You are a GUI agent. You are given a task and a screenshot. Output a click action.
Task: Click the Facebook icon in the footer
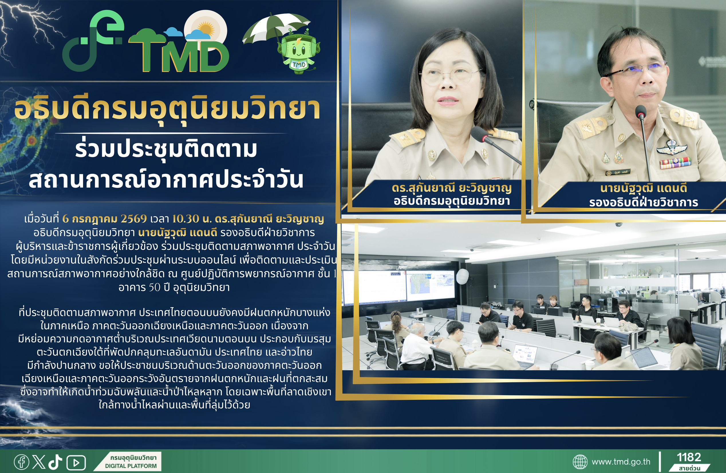click(x=21, y=462)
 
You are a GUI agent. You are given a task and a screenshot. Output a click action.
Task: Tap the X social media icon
click(x=38, y=462)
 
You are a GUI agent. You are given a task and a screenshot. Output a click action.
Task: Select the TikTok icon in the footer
click(x=55, y=462)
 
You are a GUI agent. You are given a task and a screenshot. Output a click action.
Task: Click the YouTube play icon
click(x=76, y=463)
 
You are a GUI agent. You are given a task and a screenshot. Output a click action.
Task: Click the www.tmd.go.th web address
click(x=621, y=462)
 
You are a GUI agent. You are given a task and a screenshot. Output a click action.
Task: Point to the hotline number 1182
click(x=689, y=457)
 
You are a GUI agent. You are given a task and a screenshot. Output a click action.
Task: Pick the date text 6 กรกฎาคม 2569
click(x=104, y=218)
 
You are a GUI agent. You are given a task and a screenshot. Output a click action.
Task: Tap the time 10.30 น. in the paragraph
click(x=192, y=218)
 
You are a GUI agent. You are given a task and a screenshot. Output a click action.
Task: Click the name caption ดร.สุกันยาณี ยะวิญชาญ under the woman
click(x=452, y=188)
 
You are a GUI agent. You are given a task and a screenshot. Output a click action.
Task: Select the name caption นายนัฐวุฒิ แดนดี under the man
click(x=644, y=188)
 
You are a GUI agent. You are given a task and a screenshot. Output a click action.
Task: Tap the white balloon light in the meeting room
click(x=463, y=277)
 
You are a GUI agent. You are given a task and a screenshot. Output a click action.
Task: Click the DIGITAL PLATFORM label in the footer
click(x=131, y=466)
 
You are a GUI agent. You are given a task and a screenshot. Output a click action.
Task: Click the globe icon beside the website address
click(x=580, y=462)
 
